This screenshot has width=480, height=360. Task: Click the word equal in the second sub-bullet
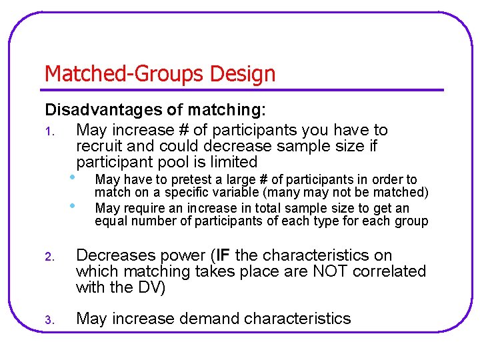tap(109, 221)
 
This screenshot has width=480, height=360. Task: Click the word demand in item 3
tap(209, 319)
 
